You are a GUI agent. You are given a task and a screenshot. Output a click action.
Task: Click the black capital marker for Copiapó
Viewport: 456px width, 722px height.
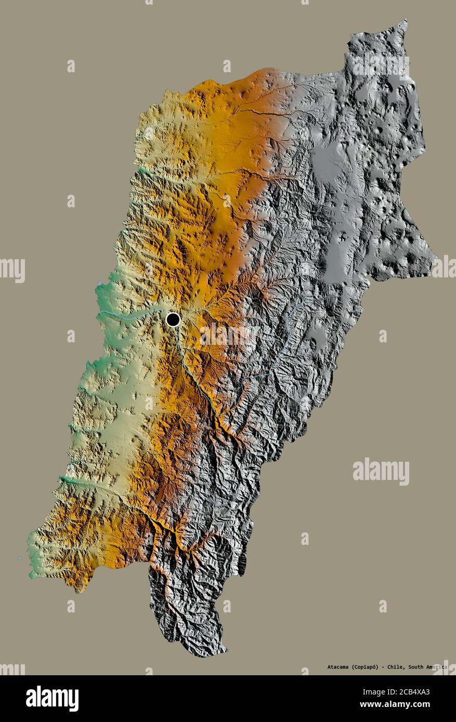tap(173, 319)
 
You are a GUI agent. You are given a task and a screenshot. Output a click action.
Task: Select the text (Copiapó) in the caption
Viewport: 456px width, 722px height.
tap(371, 666)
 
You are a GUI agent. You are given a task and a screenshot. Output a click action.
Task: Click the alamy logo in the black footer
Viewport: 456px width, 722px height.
tap(52, 699)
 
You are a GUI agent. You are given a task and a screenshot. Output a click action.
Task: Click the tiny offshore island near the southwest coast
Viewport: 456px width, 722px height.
tap(20, 559)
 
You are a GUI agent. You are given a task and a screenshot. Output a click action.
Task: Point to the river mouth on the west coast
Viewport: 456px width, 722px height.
tap(99, 314)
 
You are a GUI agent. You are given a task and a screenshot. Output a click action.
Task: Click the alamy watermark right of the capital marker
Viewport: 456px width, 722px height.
tap(229, 335)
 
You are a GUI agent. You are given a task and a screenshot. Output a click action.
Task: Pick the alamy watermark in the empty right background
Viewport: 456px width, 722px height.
tap(381, 471)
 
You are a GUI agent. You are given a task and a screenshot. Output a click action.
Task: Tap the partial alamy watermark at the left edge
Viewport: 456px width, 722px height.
tap(12, 270)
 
